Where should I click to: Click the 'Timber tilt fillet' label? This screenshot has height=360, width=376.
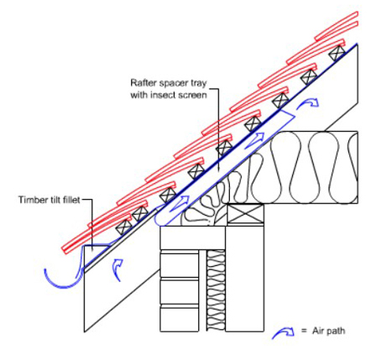[50, 200]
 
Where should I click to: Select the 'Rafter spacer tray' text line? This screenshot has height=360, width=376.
[169, 83]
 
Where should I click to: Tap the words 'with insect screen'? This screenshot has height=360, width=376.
[169, 95]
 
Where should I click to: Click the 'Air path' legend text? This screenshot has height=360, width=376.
[329, 331]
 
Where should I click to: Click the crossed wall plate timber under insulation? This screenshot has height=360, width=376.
[244, 214]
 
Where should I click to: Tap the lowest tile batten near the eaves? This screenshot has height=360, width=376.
[123, 227]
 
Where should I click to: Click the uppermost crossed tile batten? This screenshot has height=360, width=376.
[336, 53]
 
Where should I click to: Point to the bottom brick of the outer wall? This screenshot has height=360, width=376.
[180, 319]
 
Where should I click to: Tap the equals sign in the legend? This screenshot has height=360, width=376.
[304, 331]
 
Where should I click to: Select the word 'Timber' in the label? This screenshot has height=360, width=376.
[30, 200]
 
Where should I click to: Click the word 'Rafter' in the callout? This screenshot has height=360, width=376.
[143, 83]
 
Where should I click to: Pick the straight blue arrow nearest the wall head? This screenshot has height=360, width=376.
[178, 203]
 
